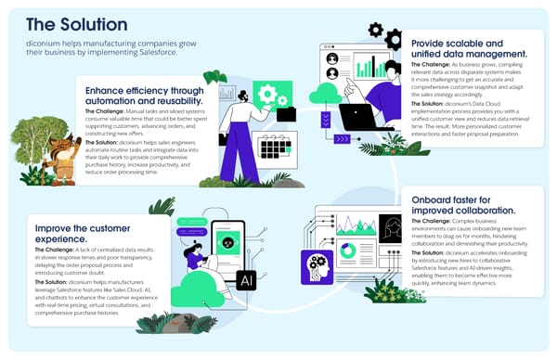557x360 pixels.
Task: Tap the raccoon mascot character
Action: tap(61, 154)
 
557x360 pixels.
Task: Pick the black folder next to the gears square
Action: tap(286, 114)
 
